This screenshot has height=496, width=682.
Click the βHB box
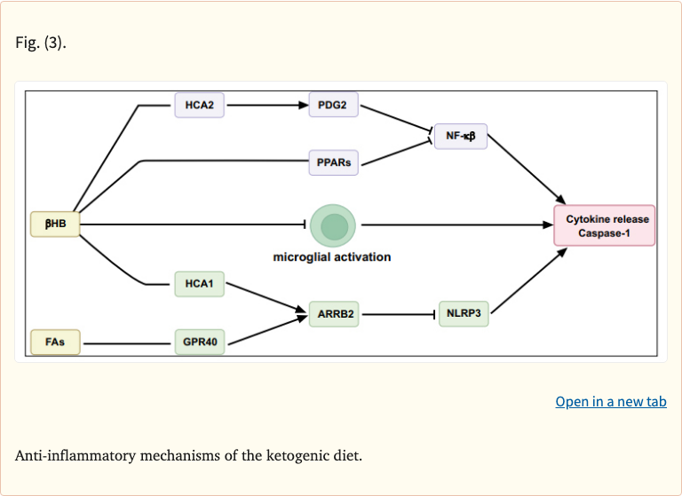pos(55,224)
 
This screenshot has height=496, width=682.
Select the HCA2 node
pos(199,106)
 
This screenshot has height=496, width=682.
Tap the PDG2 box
pos(333,106)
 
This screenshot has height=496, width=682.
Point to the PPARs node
pos(334,163)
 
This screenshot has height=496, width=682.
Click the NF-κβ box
pos(460,136)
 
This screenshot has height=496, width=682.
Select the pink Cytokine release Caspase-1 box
pos(604,225)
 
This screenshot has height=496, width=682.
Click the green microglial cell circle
pos(333,225)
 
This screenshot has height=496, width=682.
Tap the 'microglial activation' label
pos(331,257)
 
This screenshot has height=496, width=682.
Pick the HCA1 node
pos(199,284)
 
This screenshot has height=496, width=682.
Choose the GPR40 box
pos(199,342)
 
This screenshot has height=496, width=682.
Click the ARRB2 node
pos(335,314)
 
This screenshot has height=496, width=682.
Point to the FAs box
pos(55,342)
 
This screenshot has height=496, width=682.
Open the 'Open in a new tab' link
pos(610,402)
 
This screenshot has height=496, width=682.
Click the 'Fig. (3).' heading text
pos(40,43)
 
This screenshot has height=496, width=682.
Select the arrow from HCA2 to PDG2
pos(266,106)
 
